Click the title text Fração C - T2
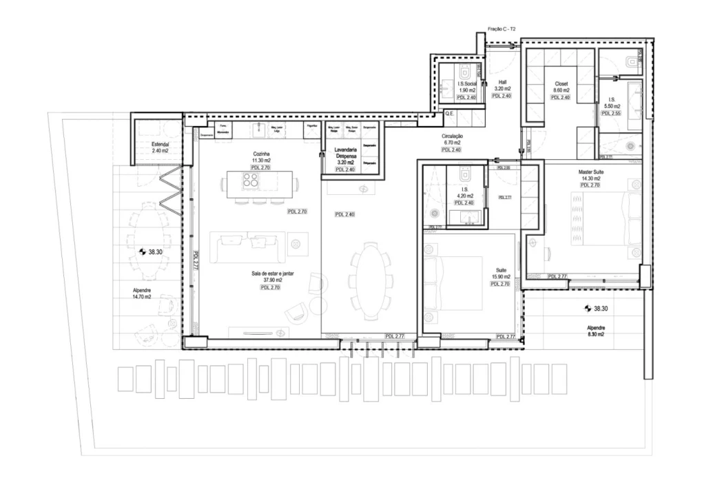[x=502, y=30]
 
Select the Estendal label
[x=160, y=143]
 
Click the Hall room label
[x=502, y=81]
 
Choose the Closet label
[x=561, y=83]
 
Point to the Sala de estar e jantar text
[x=273, y=273]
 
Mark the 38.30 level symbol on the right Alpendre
[x=588, y=309]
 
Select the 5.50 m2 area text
[x=612, y=106]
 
